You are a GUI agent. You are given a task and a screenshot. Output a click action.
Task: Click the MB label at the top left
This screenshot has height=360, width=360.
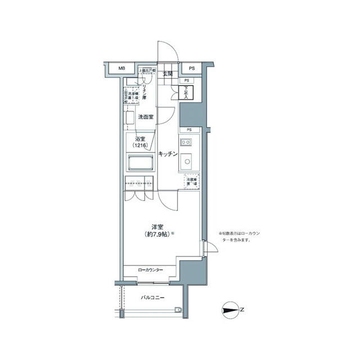pos(121,69)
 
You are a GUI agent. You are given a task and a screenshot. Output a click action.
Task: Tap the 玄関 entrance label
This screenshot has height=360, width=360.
pos(168,74)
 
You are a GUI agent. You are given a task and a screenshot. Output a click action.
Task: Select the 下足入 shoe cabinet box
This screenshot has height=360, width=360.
pos(186,93)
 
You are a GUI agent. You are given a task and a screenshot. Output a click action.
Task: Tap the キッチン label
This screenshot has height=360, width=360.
pos(168,153)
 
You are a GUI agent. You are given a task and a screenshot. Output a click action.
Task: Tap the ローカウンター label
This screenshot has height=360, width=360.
pos(150,271)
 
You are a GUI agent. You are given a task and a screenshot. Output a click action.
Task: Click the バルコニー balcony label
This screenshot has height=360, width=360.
pos(152,296)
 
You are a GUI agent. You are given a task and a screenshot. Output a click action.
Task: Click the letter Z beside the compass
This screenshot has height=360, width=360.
pos(242,310)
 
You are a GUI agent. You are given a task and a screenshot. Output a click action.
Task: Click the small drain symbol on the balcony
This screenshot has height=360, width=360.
pos(178,309)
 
